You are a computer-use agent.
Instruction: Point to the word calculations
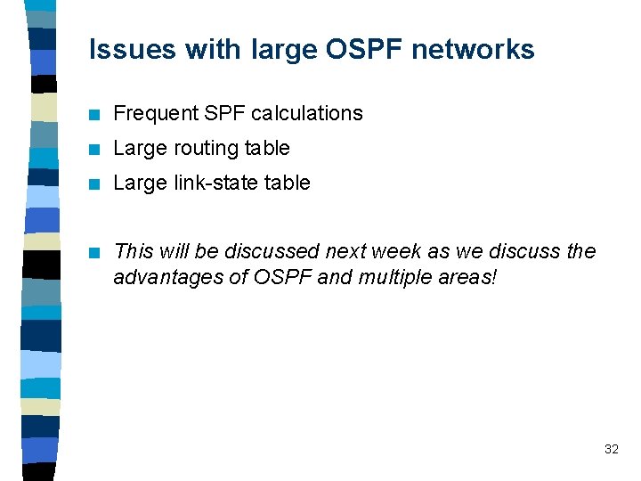(307, 113)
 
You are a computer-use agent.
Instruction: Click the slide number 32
(611, 449)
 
